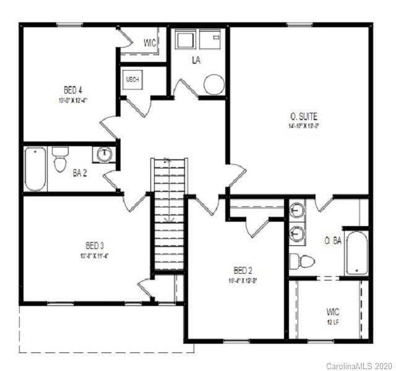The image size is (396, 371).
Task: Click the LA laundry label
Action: [x=197, y=60]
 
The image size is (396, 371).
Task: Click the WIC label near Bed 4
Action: [x=150, y=43]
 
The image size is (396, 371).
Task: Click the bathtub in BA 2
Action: [x=35, y=168]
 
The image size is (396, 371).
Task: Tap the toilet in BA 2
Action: [x=60, y=160]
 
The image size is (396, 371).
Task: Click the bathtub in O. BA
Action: [x=356, y=252]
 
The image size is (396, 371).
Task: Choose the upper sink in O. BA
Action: [x=298, y=211]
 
